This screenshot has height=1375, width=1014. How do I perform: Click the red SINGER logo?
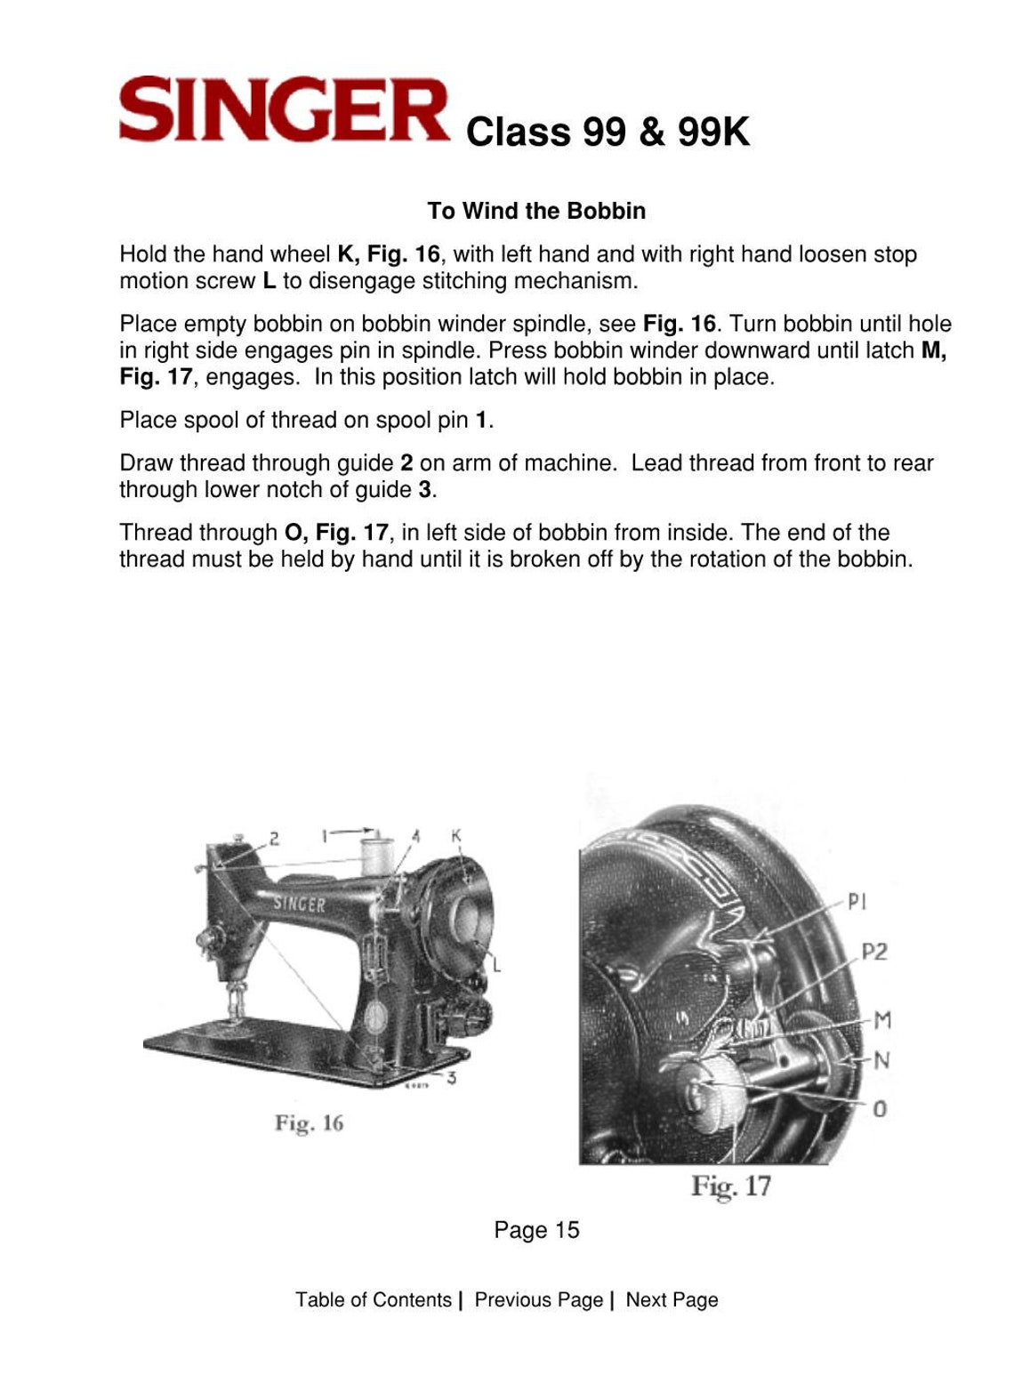(284, 110)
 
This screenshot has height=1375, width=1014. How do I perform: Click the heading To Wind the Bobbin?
(536, 211)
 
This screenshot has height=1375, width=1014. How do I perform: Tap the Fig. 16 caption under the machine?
(309, 1123)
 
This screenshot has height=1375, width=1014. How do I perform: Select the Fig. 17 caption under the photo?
(731, 1186)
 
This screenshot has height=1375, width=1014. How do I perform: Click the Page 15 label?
(536, 1230)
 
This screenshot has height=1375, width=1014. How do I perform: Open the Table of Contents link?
(374, 1299)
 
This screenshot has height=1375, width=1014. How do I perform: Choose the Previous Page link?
(539, 1299)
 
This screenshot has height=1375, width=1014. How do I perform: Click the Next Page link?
(672, 1299)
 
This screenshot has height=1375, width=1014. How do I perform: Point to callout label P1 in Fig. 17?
(857, 902)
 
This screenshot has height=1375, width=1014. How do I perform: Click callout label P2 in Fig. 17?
(874, 952)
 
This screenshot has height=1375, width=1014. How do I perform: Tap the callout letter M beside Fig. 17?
(881, 1019)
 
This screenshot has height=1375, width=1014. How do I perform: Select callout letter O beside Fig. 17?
(880, 1108)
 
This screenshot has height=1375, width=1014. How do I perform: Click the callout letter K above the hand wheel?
(456, 836)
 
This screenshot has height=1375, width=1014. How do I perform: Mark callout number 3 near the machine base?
(452, 1079)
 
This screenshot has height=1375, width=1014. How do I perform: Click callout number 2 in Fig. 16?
(274, 837)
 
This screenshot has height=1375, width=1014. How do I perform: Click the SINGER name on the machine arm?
(299, 904)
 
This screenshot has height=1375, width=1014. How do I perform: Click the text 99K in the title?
(713, 133)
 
